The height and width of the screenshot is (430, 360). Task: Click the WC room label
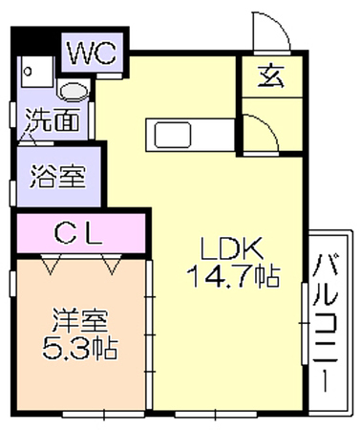click(x=92, y=53)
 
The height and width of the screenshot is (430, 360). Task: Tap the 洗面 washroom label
click(x=53, y=120)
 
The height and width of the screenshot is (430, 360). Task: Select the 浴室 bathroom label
click(x=58, y=176)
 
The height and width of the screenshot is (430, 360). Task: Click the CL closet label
click(x=78, y=233)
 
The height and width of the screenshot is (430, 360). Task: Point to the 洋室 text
click(x=80, y=321)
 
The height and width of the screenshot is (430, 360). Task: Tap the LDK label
click(x=231, y=248)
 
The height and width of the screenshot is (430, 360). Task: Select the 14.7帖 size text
click(x=233, y=276)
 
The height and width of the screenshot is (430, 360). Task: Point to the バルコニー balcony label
click(x=326, y=323)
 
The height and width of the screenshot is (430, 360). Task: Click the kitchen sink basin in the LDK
click(x=173, y=135)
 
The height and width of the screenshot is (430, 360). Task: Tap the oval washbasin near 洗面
click(x=74, y=92)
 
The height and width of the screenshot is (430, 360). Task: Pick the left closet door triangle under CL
click(x=51, y=265)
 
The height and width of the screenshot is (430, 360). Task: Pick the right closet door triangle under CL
click(x=111, y=265)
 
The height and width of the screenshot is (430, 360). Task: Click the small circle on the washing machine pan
click(x=28, y=71)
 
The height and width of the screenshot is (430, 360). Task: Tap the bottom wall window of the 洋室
click(x=103, y=414)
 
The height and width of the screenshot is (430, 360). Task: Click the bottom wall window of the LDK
click(x=216, y=414)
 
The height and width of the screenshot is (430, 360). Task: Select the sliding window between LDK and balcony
click(x=305, y=323)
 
